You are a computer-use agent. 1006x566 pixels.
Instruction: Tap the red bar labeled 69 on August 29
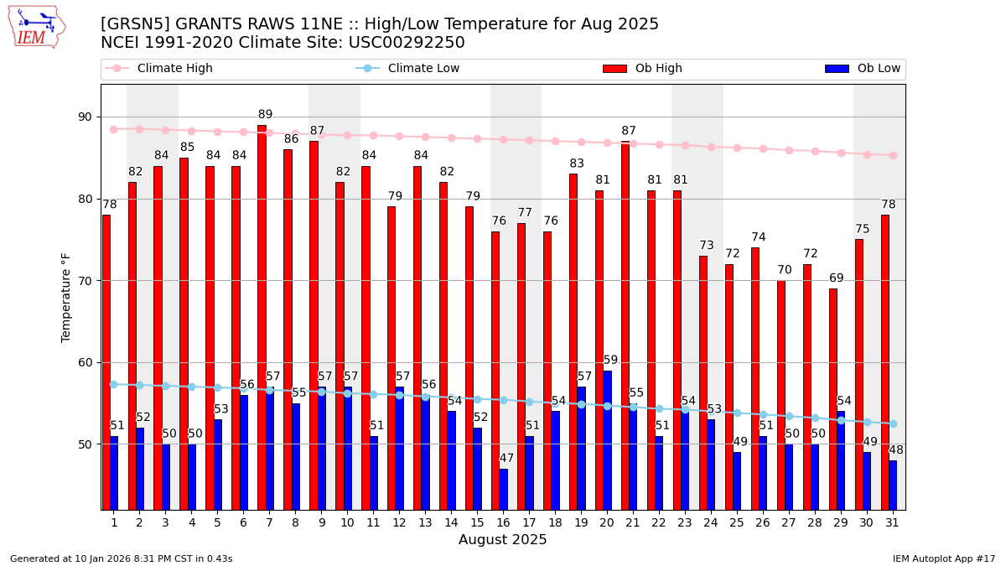click(833, 398)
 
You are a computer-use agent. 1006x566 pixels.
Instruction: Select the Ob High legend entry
click(642, 69)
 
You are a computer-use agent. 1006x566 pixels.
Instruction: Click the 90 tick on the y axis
click(85, 117)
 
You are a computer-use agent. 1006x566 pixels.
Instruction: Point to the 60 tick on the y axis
click(85, 363)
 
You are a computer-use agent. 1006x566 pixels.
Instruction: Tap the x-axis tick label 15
click(477, 522)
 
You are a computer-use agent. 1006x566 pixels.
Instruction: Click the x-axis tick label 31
click(892, 522)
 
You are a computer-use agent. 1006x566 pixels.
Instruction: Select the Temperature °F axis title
click(67, 297)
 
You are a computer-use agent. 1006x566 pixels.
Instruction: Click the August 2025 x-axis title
click(502, 541)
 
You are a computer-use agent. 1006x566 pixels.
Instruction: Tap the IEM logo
click(37, 27)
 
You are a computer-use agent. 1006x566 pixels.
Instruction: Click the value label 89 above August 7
click(265, 115)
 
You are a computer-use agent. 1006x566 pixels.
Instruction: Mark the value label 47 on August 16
click(506, 459)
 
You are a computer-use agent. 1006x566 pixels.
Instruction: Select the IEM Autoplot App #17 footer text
click(943, 558)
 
